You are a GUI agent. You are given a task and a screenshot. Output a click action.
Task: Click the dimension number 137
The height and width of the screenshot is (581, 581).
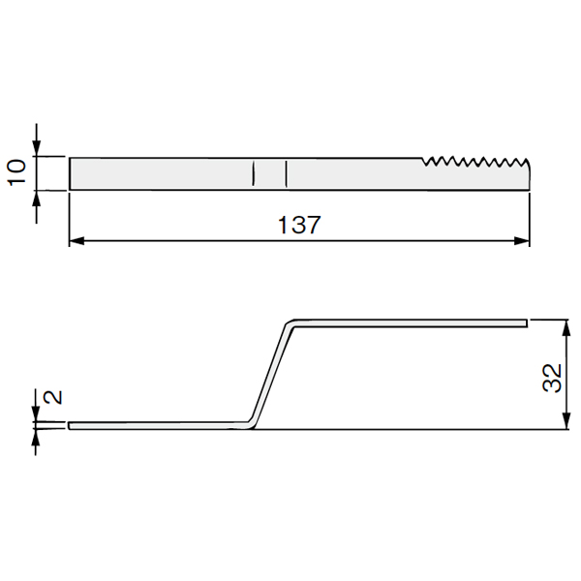tap(299, 225)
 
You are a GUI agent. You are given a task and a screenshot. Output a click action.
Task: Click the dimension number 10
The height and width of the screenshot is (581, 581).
tap(17, 172)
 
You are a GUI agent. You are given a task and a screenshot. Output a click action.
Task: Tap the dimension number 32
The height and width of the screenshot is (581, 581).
tap(552, 378)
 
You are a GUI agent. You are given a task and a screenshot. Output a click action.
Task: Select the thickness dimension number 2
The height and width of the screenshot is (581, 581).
tap(52, 397)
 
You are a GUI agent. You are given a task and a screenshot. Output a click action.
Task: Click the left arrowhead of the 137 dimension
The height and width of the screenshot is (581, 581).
tap(76, 241)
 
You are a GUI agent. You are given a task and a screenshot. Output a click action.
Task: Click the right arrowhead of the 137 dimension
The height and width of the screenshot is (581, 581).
tap(522, 241)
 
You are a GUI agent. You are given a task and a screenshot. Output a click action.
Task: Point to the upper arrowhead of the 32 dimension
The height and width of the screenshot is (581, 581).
tap(566, 327)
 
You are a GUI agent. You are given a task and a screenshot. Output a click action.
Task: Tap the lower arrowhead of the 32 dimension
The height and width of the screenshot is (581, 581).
tap(566, 421)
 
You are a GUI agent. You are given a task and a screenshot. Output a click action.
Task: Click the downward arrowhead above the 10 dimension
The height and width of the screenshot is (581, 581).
tap(37, 148)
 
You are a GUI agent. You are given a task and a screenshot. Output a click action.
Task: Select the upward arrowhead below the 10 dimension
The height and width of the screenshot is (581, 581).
tap(37, 199)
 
